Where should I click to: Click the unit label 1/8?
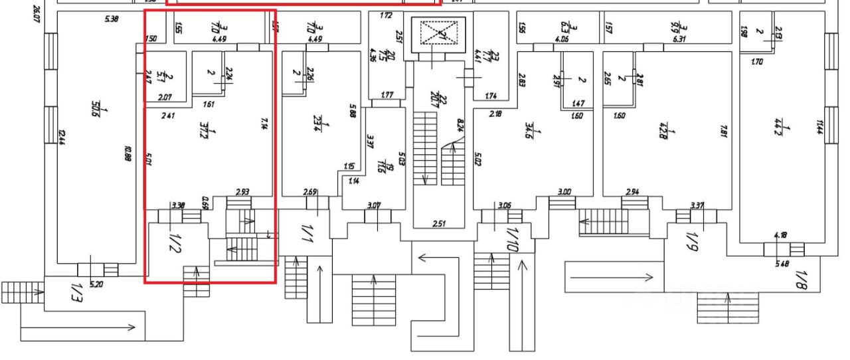click(800, 280)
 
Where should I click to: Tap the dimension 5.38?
click(112, 19)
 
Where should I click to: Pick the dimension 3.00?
click(564, 192)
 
